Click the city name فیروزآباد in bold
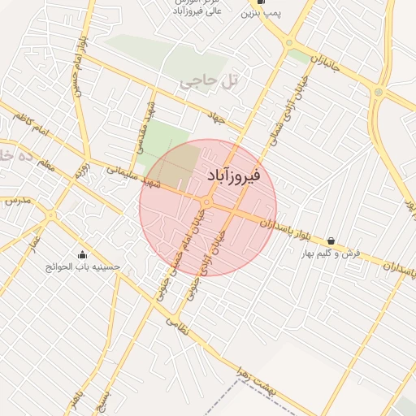[235, 175]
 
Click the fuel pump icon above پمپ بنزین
[260, 2]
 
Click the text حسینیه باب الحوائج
[83, 266]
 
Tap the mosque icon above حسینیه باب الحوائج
[82, 254]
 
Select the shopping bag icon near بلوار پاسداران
[331, 241]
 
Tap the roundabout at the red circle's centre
[207, 201]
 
